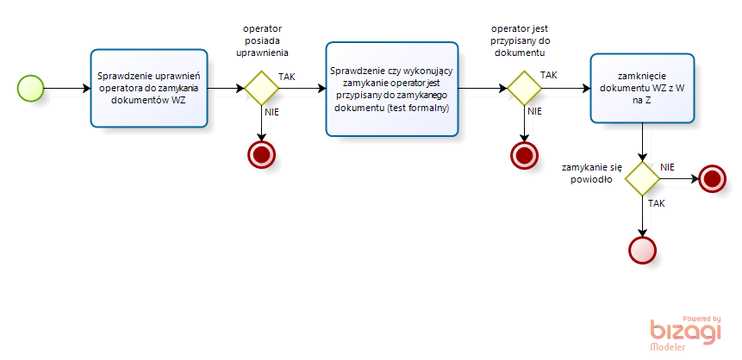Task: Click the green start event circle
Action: pyautogui.click(x=31, y=88)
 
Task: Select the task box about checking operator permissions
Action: pyautogui.click(x=149, y=88)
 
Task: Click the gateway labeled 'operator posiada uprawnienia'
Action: pyautogui.click(x=261, y=88)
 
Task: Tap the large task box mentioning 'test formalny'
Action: pyautogui.click(x=392, y=89)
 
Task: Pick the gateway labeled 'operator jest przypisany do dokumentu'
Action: pyautogui.click(x=524, y=88)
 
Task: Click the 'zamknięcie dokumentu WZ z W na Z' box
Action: pyautogui.click(x=642, y=88)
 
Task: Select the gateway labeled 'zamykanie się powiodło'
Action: pyautogui.click(x=642, y=178)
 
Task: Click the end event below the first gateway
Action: pyautogui.click(x=261, y=154)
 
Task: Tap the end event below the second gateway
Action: pyautogui.click(x=524, y=155)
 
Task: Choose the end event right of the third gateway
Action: pyautogui.click(x=712, y=178)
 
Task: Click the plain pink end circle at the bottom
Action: pyautogui.click(x=642, y=250)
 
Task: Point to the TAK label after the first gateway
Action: pyautogui.click(x=287, y=77)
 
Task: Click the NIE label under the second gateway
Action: pyautogui.click(x=534, y=112)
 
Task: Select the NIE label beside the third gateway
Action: pyautogui.click(x=667, y=166)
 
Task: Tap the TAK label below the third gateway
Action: pyautogui.click(x=657, y=204)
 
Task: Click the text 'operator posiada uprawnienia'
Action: pyautogui.click(x=262, y=40)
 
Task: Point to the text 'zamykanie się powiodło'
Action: pyautogui.click(x=592, y=174)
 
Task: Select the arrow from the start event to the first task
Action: pyautogui.click(x=67, y=88)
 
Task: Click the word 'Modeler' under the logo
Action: pyautogui.click(x=668, y=347)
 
